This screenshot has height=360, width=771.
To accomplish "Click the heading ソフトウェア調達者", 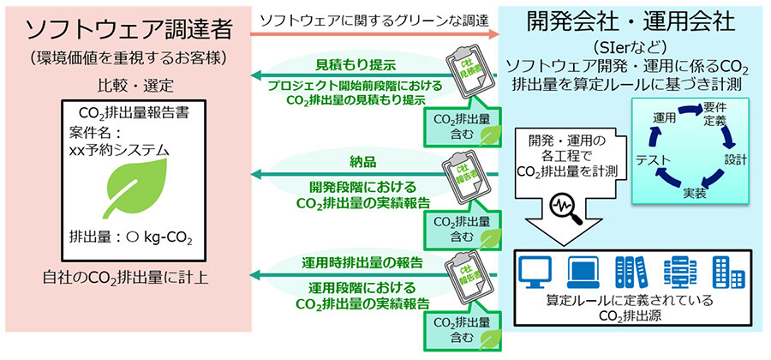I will (x=128, y=31).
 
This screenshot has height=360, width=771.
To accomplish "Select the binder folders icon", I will (x=629, y=273).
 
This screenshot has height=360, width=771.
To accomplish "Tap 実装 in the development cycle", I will (x=695, y=195).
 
